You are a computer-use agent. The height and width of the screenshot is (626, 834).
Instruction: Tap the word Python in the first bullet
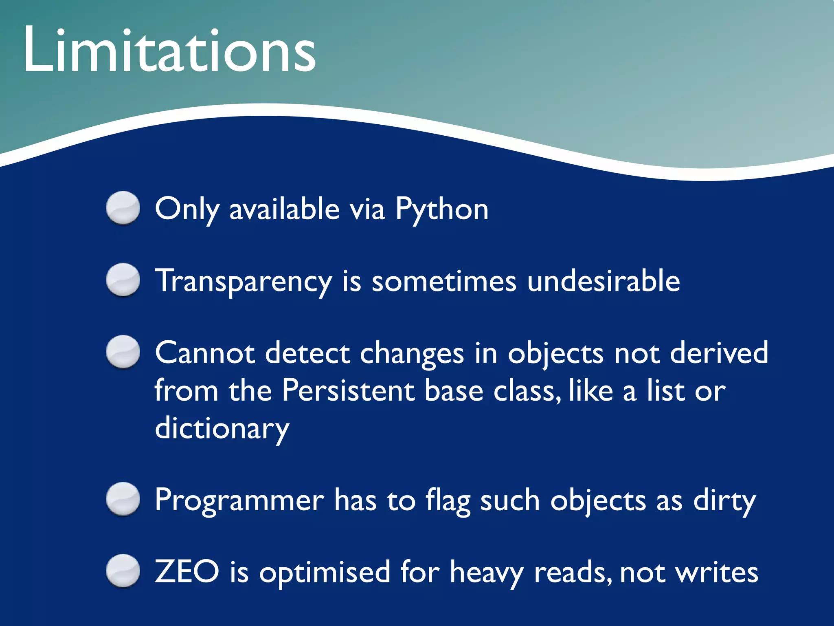(x=442, y=209)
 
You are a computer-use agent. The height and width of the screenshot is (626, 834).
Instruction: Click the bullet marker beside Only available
(x=123, y=208)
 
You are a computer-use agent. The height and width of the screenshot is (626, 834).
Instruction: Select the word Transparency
(x=243, y=281)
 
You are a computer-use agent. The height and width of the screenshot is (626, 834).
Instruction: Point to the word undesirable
(x=603, y=281)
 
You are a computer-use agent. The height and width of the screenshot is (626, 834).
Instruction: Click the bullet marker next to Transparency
(x=123, y=280)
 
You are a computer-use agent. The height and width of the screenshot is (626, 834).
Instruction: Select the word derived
(x=719, y=353)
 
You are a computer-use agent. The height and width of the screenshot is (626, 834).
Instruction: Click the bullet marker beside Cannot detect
(x=123, y=352)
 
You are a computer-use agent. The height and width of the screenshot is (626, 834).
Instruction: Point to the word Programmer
(x=239, y=500)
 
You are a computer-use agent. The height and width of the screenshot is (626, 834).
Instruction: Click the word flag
(x=448, y=500)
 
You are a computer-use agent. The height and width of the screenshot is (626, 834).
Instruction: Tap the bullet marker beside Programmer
(x=123, y=499)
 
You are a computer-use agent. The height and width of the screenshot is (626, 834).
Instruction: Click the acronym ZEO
(x=187, y=572)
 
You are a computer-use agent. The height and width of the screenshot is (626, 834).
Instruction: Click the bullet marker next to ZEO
(x=123, y=571)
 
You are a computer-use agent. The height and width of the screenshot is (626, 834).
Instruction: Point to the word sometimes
(x=444, y=281)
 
